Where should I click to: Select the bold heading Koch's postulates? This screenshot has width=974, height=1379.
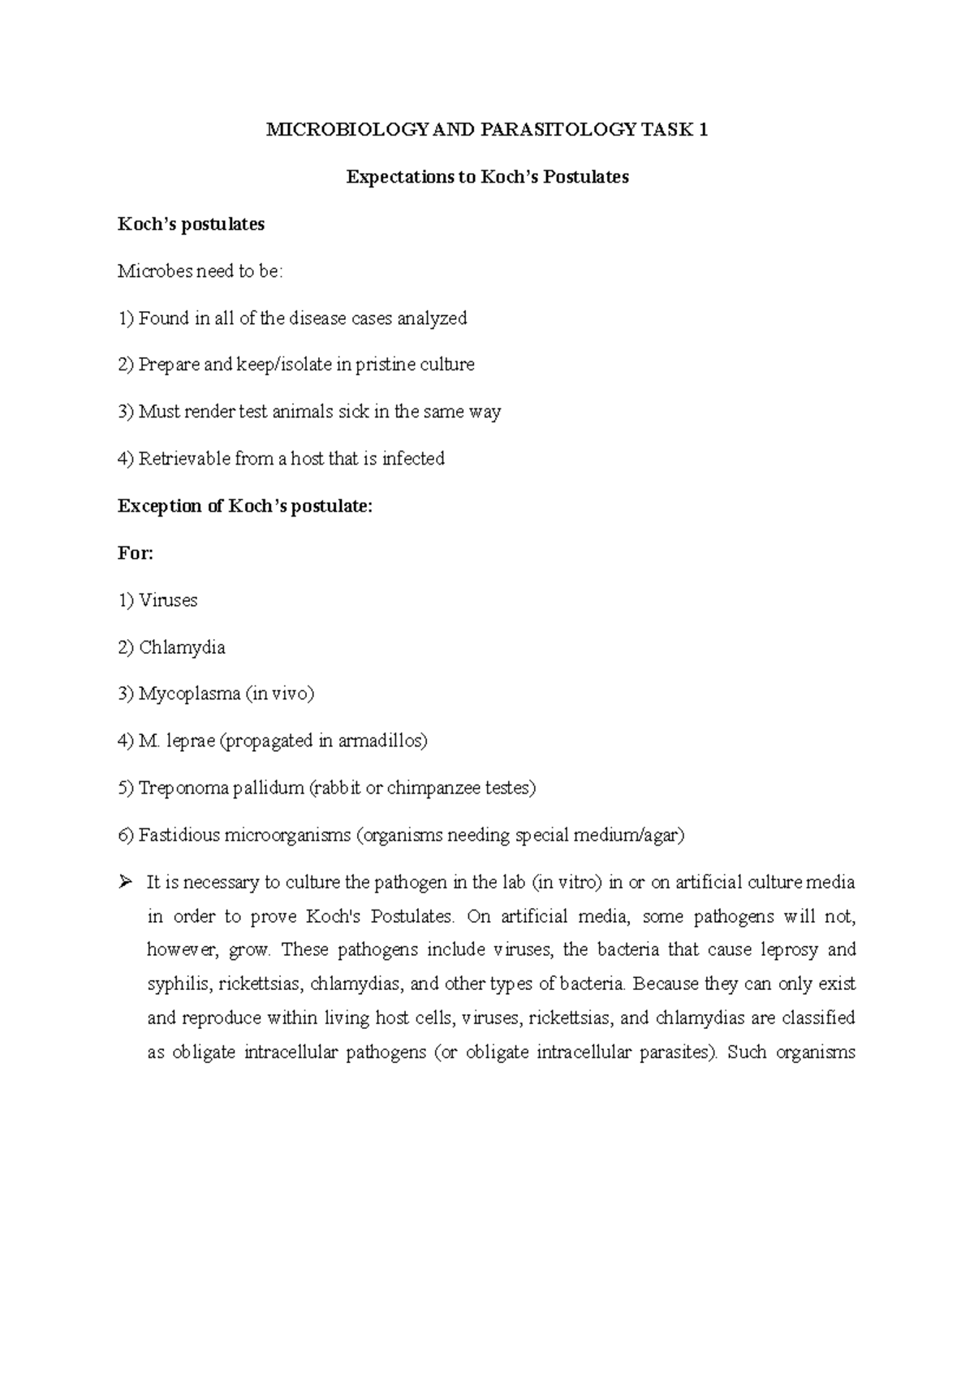click(191, 224)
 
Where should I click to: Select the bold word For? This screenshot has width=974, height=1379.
click(136, 553)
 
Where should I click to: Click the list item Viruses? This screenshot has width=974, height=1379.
click(168, 600)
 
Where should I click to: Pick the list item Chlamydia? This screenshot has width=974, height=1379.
click(182, 647)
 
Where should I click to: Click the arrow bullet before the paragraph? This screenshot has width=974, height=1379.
click(124, 882)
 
